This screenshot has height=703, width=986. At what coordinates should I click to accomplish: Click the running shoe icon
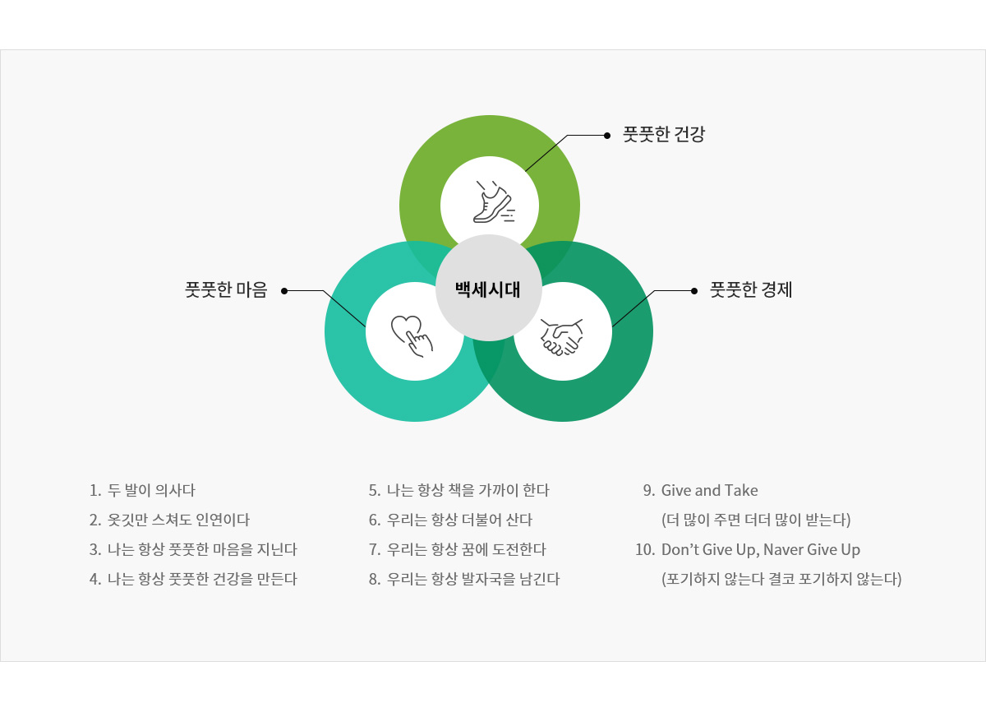[x=494, y=201]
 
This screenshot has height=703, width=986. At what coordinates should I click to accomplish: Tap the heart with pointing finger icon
[x=412, y=336]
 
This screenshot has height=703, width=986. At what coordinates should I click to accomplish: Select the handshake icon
[x=562, y=337]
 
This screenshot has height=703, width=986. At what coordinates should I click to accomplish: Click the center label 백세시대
[x=488, y=289]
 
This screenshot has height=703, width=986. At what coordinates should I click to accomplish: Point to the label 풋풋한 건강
[x=664, y=134]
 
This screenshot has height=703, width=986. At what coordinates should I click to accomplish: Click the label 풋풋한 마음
[x=226, y=289]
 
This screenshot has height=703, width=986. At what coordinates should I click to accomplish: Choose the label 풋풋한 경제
[x=751, y=289]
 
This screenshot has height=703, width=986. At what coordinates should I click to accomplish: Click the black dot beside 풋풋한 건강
[x=607, y=136]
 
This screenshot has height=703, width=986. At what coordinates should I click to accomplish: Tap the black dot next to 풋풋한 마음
[x=284, y=291]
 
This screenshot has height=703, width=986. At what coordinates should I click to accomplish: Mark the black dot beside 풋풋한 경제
[x=694, y=291]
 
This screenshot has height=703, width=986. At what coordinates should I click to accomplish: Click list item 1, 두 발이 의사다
[x=142, y=490]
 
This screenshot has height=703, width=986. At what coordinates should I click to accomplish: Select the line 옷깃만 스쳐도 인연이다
[x=179, y=520]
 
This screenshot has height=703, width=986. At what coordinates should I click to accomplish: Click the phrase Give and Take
[x=710, y=490]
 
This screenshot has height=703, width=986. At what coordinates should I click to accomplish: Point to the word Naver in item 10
[x=783, y=550]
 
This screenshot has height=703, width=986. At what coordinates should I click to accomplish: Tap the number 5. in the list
[x=375, y=491]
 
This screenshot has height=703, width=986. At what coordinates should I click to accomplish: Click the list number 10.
[x=645, y=550]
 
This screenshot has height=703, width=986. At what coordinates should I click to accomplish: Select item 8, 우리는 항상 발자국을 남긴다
[x=464, y=579]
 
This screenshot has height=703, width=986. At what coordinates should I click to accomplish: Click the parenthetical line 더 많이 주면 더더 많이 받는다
[x=756, y=520]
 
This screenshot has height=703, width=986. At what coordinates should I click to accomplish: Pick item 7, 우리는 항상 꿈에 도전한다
[x=458, y=550]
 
